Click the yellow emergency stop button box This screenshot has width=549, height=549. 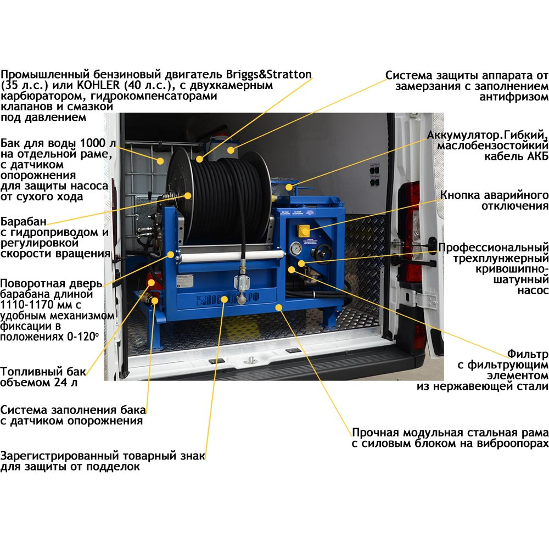(x=303, y=231)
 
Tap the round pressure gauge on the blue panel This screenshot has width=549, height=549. (x=296, y=248)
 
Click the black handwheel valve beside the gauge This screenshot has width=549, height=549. (x=323, y=252)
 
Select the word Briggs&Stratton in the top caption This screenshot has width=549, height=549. (x=268, y=75)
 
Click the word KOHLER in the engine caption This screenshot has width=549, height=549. (x=98, y=85)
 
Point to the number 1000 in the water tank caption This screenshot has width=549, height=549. (x=93, y=143)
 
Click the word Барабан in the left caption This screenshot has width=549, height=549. (x=24, y=221)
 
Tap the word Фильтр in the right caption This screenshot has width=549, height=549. (x=528, y=354)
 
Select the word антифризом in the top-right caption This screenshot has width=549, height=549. (x=514, y=97)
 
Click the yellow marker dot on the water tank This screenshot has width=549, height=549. (x=160, y=161)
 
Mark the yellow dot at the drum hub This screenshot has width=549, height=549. (x=188, y=196)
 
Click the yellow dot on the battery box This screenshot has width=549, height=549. (x=289, y=187)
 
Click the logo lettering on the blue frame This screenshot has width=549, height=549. (x=228, y=299)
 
